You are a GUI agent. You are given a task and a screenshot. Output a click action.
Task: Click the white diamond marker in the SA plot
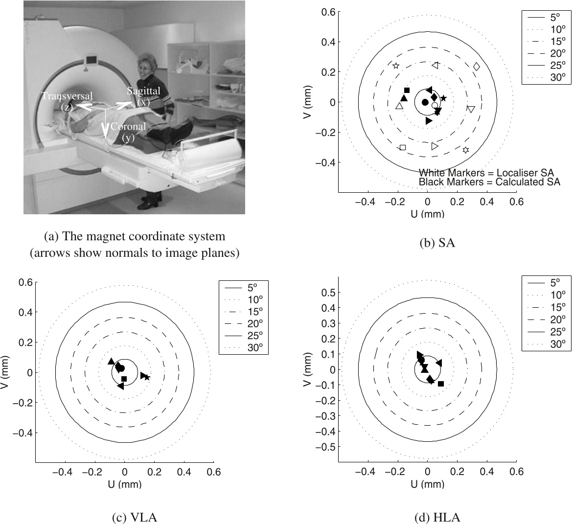pyautogui.click(x=476, y=67)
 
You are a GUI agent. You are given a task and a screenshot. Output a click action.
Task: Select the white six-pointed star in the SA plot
pyautogui.click(x=465, y=150)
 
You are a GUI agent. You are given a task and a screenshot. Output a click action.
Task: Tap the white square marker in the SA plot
pyautogui.click(x=403, y=147)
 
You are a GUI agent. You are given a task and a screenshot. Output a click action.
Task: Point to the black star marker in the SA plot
pyautogui.click(x=443, y=98)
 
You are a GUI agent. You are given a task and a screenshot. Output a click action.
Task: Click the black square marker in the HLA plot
pyautogui.click(x=441, y=384)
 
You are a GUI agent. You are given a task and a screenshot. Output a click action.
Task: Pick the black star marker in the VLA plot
pyautogui.click(x=147, y=377)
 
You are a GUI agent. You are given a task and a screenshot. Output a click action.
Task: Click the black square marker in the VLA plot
pyautogui.click(x=124, y=379)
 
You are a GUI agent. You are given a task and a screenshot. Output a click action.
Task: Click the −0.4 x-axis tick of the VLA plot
pyautogui.click(x=66, y=472)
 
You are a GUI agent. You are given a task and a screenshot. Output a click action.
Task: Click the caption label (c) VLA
pyautogui.click(x=124, y=518)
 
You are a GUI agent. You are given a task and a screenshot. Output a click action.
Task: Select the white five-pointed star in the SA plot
pyautogui.click(x=396, y=66)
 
